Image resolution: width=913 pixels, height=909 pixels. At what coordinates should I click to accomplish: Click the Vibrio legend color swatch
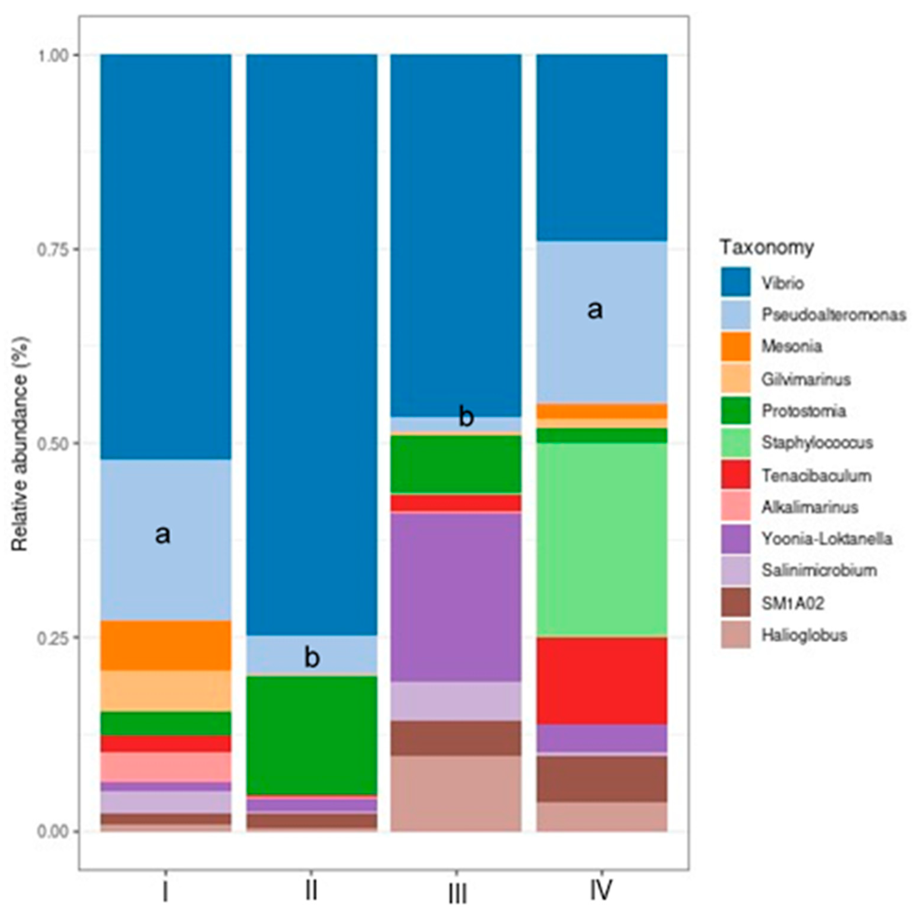[735, 282]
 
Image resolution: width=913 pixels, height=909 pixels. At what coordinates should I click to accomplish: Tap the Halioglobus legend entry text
[804, 635]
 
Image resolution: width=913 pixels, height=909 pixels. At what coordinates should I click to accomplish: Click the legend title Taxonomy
[766, 247]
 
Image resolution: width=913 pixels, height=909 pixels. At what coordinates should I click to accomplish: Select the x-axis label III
[456, 894]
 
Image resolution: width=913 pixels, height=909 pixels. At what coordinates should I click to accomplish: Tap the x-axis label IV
[601, 890]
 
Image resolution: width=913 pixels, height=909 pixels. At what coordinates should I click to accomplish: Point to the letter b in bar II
[311, 657]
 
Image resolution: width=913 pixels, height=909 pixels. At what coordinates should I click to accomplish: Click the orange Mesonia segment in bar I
[165, 645]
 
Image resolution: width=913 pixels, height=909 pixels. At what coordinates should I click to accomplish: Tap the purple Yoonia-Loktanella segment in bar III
[456, 597]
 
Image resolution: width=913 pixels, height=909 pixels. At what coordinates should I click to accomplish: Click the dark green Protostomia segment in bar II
[311, 735]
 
